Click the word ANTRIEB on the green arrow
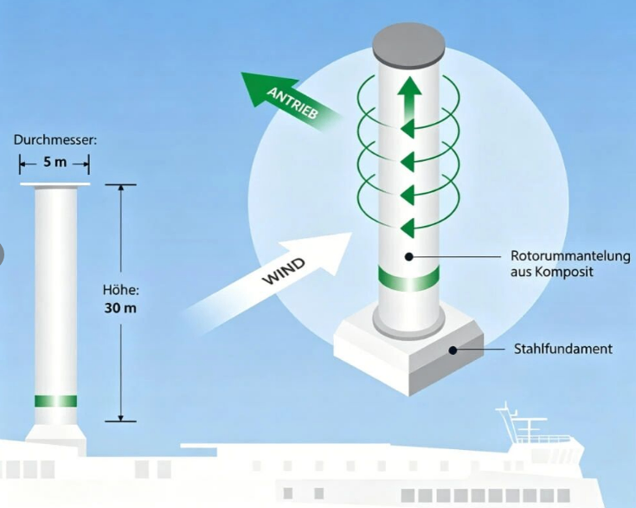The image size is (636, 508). click(x=292, y=103)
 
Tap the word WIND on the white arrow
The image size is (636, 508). click(x=284, y=271)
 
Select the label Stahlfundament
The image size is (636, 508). click(x=563, y=349)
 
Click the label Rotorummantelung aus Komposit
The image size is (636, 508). click(x=570, y=264)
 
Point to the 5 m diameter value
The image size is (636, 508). click(x=55, y=163)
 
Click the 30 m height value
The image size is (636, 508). click(x=120, y=308)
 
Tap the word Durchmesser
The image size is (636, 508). click(x=55, y=140)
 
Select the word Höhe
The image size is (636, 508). click(x=120, y=290)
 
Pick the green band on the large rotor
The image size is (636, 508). click(x=408, y=279)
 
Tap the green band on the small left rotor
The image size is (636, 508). click(x=55, y=401)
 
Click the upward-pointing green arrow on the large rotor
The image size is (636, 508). click(x=408, y=101)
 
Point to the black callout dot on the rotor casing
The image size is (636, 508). click(x=408, y=256)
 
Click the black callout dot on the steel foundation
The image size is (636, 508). click(x=453, y=350)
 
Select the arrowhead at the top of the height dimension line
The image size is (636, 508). click(x=120, y=189)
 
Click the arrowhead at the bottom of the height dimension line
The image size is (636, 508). click(x=120, y=418)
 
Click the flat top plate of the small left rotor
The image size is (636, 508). click(x=55, y=184)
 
